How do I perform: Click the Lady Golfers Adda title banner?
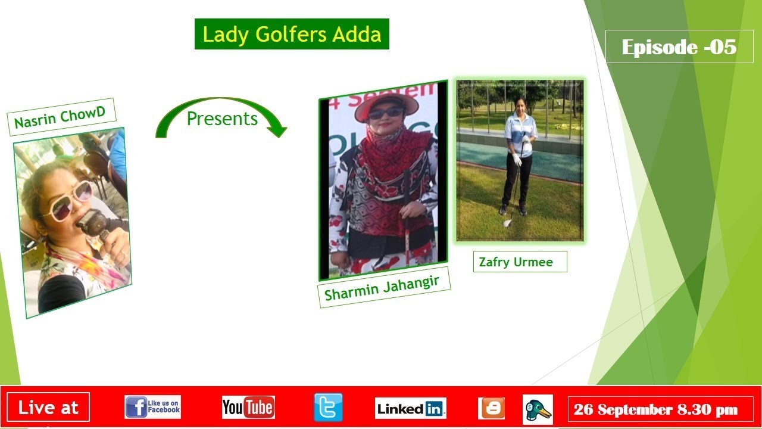(x=292, y=34)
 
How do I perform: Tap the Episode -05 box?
(x=679, y=46)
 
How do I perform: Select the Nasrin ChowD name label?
(x=61, y=117)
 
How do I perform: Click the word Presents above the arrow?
(x=222, y=119)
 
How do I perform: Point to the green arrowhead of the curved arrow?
(x=277, y=130)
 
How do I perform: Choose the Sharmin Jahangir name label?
(x=384, y=287)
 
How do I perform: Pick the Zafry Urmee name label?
(x=520, y=262)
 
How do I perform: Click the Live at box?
(x=48, y=407)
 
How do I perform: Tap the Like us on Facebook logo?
(x=153, y=407)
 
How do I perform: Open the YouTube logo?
(x=248, y=407)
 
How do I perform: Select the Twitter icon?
(x=328, y=407)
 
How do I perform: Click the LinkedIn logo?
(x=411, y=408)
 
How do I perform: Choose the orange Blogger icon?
(x=491, y=408)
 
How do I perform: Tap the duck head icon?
(x=538, y=409)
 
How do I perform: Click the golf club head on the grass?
(x=507, y=223)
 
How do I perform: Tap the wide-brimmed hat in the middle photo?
(x=386, y=106)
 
